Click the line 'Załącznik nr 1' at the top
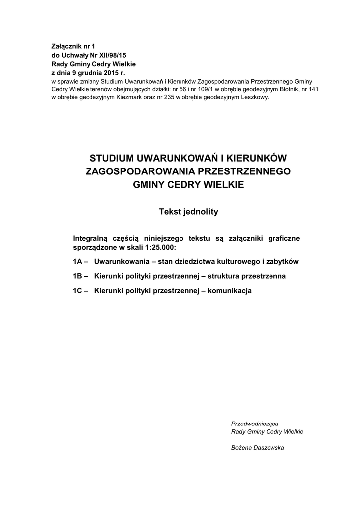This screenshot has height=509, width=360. (73, 46)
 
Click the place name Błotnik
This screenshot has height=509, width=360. (289, 89)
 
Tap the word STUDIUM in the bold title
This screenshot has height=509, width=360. (111, 159)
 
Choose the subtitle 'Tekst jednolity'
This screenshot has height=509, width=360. (188, 212)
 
